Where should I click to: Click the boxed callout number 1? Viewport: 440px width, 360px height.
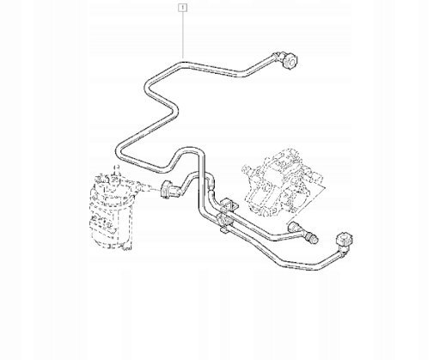tap(182, 8)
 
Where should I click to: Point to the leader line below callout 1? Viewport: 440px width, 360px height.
tap(182, 35)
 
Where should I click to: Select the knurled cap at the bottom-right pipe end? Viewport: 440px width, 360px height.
tap(345, 239)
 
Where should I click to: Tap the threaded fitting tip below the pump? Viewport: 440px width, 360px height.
tap(312, 238)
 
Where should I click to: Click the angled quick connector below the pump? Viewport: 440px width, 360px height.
tap(296, 229)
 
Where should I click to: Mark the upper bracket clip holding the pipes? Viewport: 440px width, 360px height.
tap(229, 204)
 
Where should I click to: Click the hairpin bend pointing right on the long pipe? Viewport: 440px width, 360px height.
tap(175, 110)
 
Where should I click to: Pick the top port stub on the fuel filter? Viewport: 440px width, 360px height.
tap(116, 172)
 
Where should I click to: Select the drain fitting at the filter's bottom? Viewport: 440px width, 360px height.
tap(126, 247)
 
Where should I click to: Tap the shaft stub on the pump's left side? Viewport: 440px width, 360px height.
tap(247, 169)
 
